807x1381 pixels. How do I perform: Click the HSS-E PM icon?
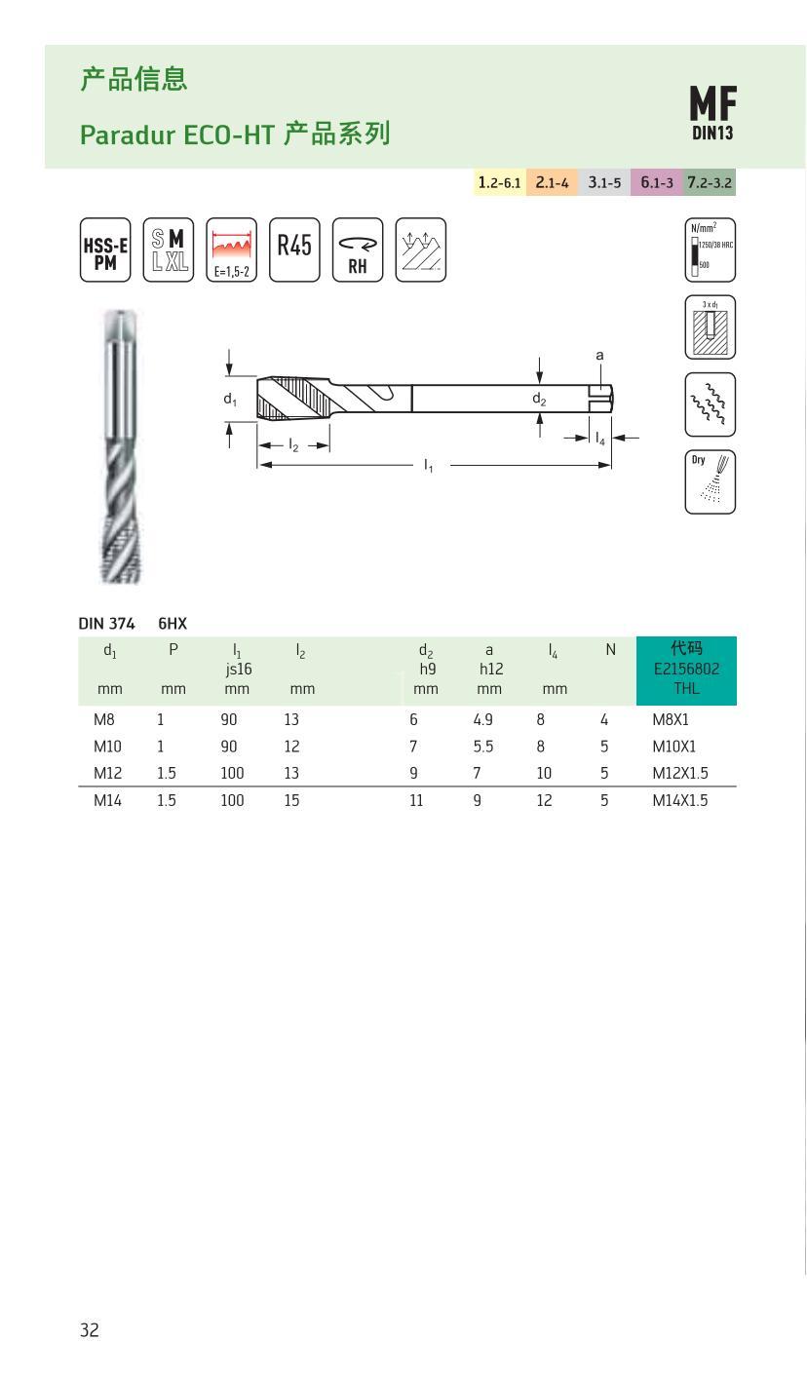[x=104, y=249]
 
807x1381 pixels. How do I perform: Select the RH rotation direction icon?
[x=358, y=249]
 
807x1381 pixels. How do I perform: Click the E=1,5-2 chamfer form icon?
[x=232, y=249]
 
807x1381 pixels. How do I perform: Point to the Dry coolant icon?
[x=710, y=481]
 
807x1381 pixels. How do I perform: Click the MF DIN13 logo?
[x=712, y=113]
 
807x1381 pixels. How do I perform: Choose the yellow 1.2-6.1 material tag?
[x=499, y=182]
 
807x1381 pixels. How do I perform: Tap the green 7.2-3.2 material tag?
[x=710, y=182]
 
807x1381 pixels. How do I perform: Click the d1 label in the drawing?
[x=230, y=399]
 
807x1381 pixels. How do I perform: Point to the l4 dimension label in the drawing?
[x=600, y=439]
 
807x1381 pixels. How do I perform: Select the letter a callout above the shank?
[x=600, y=355]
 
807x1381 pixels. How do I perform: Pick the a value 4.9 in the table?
[x=482, y=719]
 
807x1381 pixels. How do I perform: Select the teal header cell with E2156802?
[x=686, y=671]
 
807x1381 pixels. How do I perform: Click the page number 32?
[x=89, y=1330]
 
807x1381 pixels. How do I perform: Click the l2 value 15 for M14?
[x=291, y=800]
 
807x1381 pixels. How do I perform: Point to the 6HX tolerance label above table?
[x=173, y=623]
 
